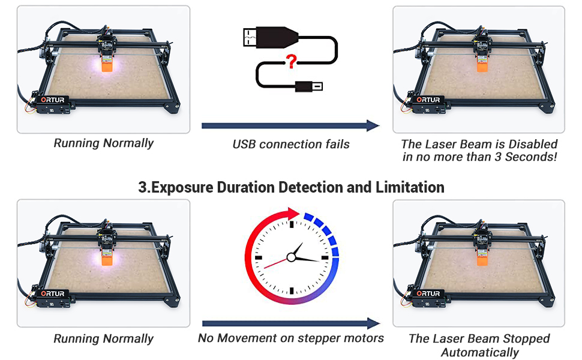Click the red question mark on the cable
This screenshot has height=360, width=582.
pos(292,61)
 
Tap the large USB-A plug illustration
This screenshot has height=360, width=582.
pos(270,37)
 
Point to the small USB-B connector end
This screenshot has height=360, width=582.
pos(310,86)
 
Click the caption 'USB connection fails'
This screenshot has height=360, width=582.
pos(291,144)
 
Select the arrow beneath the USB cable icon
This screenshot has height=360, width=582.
pos(291,126)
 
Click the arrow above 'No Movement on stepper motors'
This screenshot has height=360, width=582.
pos(291,322)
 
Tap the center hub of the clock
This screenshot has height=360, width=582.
pos(292,257)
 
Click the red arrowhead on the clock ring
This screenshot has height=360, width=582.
pos(293,214)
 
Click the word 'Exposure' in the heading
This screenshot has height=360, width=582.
pos(189,187)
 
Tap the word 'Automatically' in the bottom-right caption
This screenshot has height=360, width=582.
pos(479,352)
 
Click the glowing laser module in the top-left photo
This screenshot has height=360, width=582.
pos(106,63)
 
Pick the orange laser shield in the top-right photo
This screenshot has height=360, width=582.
pos(482,65)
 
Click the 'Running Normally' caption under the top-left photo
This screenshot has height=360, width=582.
pos(103,143)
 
